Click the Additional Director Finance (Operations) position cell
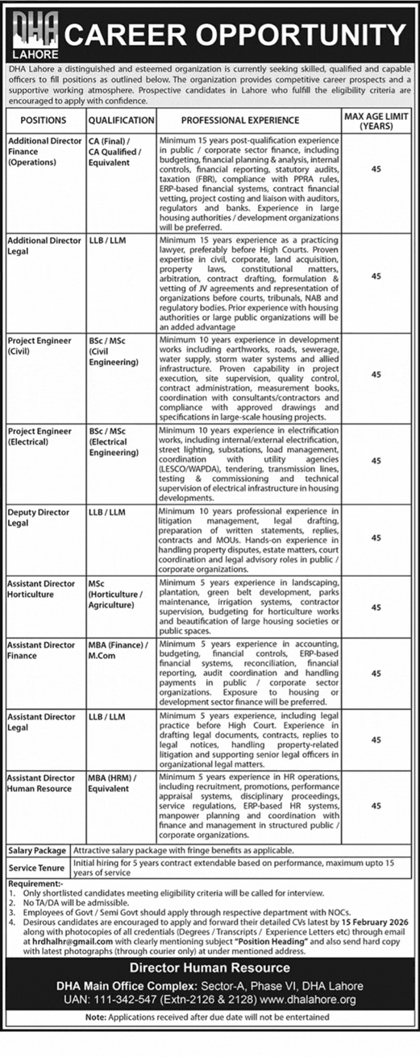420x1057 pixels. (x=44, y=151)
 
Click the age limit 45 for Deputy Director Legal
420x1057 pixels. (x=376, y=537)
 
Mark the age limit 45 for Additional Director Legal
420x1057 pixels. (x=376, y=276)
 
